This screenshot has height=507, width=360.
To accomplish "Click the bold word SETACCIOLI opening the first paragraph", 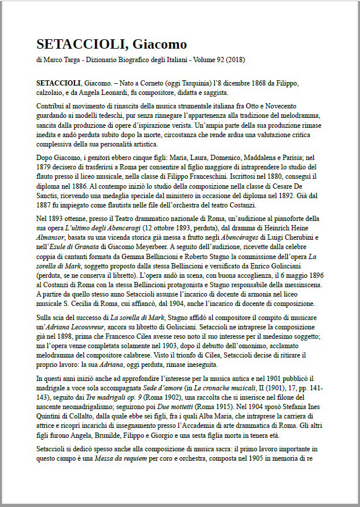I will [59, 81].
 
